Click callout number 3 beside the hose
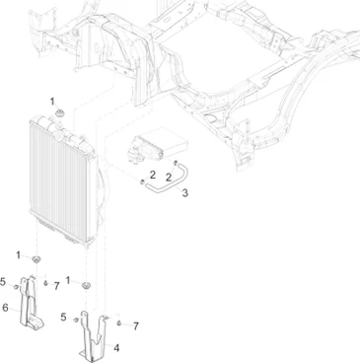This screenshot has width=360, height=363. click(x=185, y=193)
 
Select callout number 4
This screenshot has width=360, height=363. click(x=116, y=348)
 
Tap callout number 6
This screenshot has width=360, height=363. click(x=5, y=308)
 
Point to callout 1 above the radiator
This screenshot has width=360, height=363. click(x=52, y=102)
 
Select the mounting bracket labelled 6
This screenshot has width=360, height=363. click(x=31, y=304)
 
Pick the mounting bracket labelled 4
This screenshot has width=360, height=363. click(x=94, y=337)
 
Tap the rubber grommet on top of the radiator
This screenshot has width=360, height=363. click(x=60, y=113)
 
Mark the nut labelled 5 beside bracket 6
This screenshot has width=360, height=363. click(x=16, y=287)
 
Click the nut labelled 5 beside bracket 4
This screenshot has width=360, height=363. click(x=76, y=320)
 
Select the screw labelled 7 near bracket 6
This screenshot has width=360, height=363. click(x=45, y=283)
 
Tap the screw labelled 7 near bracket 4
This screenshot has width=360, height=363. click(x=119, y=324)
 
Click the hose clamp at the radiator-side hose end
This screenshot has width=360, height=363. click(x=142, y=181)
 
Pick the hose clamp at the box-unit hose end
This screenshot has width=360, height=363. click(x=176, y=162)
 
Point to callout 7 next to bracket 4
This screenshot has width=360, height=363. click(x=136, y=327)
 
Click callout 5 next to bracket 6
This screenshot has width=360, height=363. click(x=3, y=282)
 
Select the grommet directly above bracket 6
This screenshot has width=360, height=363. click(x=36, y=259)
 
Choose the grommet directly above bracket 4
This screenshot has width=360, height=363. click(x=86, y=285)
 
